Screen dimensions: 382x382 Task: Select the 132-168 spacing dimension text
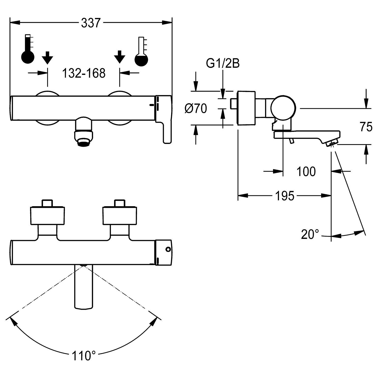[84, 73]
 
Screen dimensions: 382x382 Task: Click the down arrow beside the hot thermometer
[47, 58]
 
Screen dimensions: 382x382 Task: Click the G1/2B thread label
[223, 64]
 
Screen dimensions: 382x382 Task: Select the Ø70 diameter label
[195, 109]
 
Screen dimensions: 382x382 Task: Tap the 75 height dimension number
[366, 127]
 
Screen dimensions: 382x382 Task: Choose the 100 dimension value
[306, 172]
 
